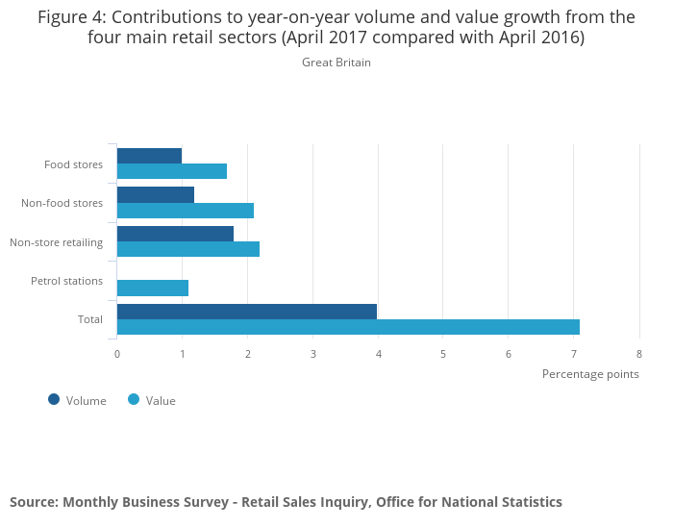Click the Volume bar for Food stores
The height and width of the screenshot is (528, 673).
149,156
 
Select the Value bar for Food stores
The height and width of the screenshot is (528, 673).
172,171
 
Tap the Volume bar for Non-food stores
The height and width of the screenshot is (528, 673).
156,194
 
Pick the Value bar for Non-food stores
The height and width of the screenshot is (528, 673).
186,211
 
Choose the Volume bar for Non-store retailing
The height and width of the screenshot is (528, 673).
175,234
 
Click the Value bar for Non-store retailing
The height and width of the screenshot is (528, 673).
188,249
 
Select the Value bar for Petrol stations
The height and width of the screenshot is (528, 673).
153,288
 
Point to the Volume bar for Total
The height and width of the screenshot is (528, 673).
247,312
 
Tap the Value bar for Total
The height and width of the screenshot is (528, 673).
348,327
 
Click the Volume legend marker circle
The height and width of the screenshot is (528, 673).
54,400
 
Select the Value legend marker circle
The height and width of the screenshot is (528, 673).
134,400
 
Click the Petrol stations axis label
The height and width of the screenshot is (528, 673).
66,281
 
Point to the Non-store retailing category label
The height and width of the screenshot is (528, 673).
56,242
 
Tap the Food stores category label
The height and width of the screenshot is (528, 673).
73,164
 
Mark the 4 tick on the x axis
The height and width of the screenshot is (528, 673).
378,354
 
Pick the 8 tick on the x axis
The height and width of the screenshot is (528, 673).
639,354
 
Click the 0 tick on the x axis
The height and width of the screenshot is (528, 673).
117,354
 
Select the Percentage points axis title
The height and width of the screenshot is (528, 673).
590,373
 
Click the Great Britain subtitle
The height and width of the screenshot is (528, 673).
336,63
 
